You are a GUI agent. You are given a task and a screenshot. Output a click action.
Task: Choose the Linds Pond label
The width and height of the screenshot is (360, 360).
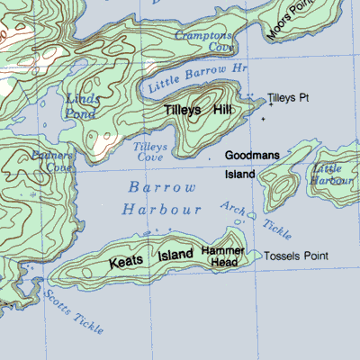(x=82, y=105)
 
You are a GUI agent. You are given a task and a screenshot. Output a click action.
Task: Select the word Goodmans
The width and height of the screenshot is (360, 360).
(x=252, y=155)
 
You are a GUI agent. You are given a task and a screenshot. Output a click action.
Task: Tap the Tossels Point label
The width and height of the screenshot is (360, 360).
(x=297, y=256)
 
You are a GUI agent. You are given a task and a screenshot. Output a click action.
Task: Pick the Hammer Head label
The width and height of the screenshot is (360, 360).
(x=219, y=255)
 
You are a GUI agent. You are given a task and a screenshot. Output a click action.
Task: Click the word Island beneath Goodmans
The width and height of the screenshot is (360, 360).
(x=240, y=174)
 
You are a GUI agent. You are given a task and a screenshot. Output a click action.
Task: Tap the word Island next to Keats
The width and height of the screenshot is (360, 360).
(x=175, y=256)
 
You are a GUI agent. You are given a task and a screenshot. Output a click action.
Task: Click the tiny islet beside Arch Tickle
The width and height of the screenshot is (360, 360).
(x=252, y=216)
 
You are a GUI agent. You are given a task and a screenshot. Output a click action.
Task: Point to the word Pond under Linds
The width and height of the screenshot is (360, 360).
(x=81, y=113)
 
